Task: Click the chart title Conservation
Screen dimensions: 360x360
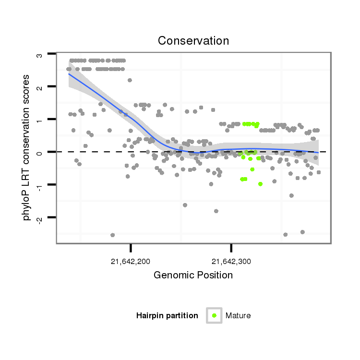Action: click(x=193, y=41)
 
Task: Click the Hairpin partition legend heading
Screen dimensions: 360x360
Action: click(x=167, y=316)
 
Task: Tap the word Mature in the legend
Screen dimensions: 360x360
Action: click(x=238, y=316)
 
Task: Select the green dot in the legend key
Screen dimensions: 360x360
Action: click(x=214, y=315)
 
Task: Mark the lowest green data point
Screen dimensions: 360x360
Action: click(x=260, y=184)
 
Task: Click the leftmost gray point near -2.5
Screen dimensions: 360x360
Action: click(x=113, y=235)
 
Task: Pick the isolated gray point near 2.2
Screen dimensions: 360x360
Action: click(x=130, y=80)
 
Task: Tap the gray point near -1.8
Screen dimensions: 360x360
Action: click(x=216, y=211)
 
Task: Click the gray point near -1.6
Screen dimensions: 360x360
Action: click(x=185, y=205)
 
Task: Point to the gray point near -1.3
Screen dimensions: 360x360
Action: click(x=291, y=195)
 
